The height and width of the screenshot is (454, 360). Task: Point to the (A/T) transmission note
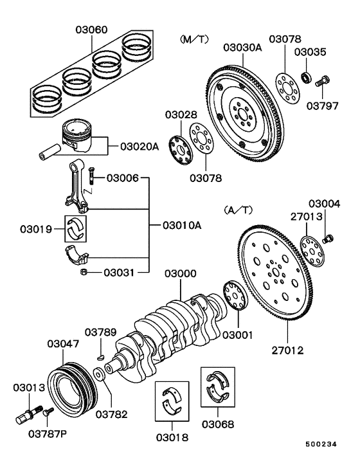coord(238,210)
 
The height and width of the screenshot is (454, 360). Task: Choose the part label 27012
coord(287,351)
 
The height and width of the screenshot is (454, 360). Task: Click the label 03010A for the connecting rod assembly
coord(181,226)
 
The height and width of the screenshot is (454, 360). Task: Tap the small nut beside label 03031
coord(84,273)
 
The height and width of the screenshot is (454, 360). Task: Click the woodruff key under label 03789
coord(102,352)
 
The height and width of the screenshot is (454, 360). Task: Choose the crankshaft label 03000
coord(180,274)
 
